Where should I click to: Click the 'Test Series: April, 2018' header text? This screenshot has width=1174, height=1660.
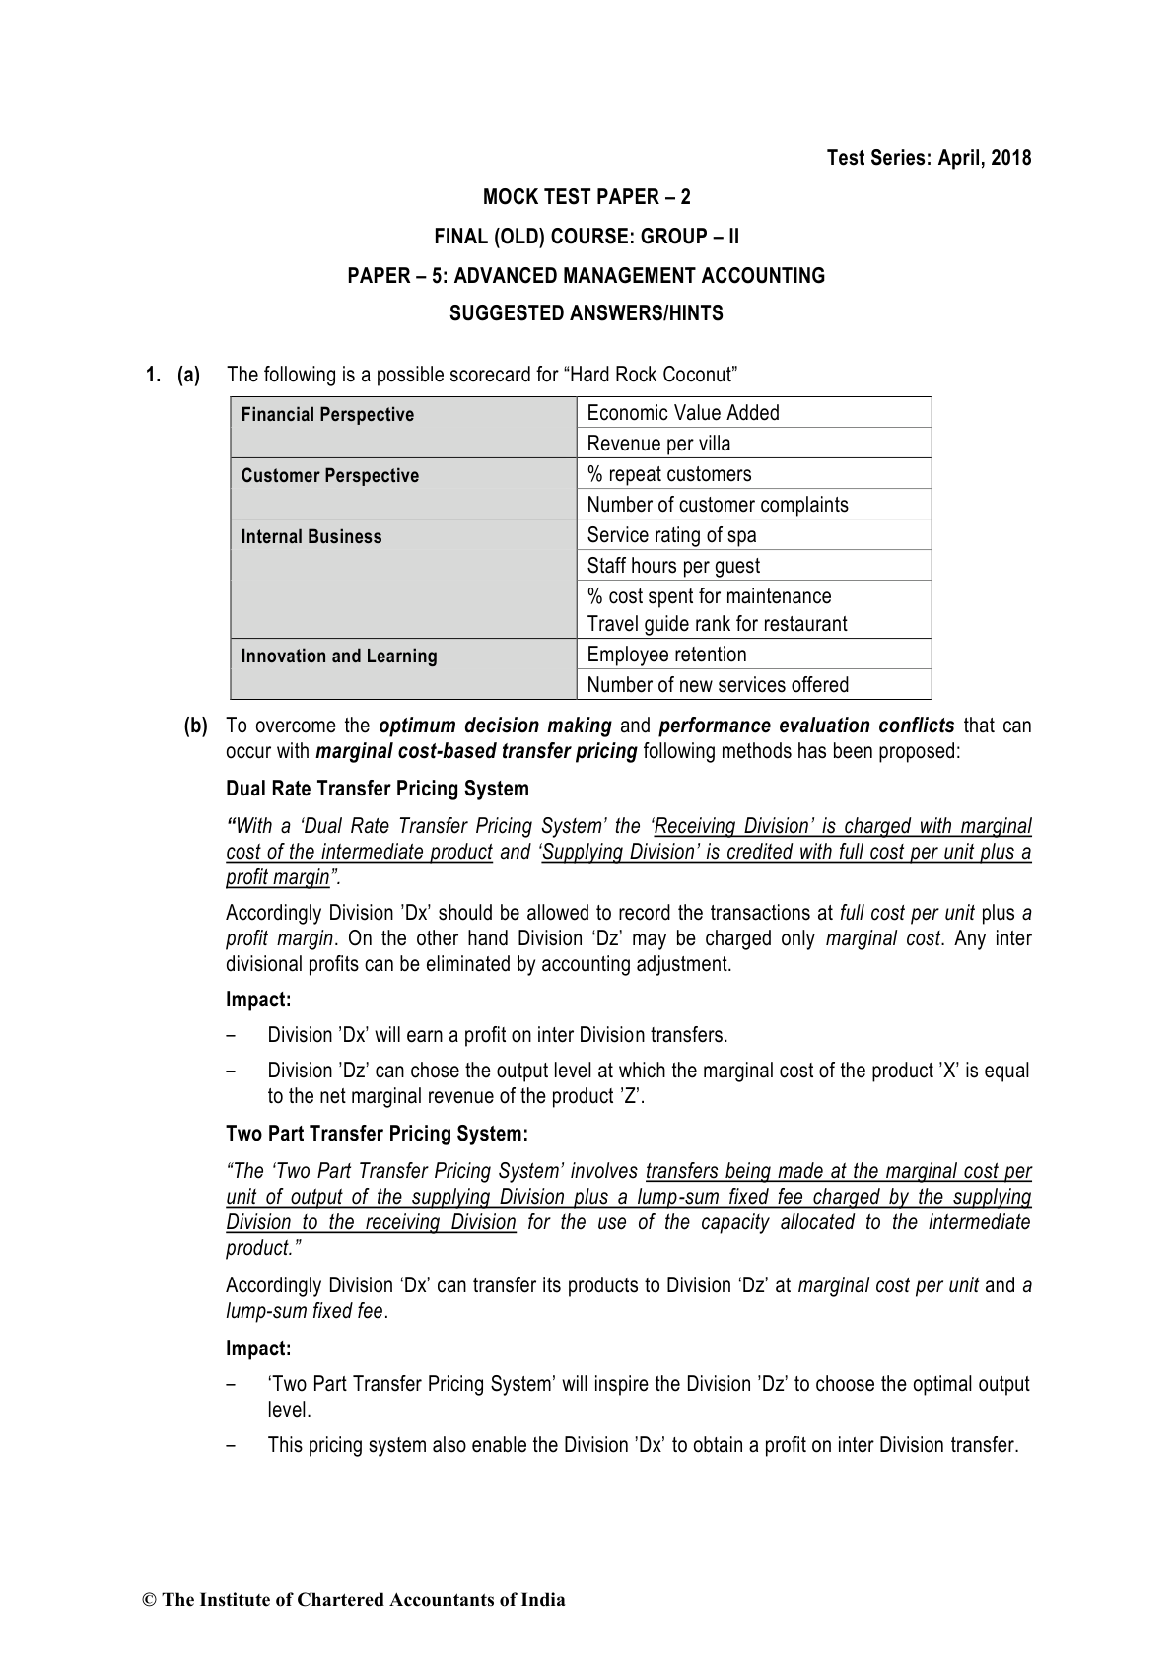coord(929,158)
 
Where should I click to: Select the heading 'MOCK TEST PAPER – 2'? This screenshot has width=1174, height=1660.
coord(587,197)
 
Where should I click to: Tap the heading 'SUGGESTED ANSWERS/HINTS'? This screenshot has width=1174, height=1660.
coord(587,314)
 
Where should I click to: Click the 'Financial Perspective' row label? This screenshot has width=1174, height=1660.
coord(327,415)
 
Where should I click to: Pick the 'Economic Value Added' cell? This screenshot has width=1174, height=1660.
coord(683,413)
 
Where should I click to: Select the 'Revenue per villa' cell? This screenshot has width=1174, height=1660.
coord(658,444)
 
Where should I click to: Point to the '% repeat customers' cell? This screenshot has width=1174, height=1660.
coord(668,474)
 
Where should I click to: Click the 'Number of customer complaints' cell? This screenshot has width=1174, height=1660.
coord(717,505)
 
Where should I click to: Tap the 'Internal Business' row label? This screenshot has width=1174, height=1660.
coord(311,537)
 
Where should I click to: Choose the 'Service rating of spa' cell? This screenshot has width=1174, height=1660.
coord(671,535)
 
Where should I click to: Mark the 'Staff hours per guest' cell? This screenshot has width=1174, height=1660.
coord(673,566)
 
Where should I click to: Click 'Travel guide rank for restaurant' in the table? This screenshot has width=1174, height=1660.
coord(717,624)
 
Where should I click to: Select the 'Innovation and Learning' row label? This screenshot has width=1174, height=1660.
coord(339,657)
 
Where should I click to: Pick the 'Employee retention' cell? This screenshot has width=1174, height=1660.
coord(666,655)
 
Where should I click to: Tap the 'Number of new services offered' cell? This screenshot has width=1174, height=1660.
coord(717,685)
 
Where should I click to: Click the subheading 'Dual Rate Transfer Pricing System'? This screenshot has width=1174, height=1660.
coord(378,789)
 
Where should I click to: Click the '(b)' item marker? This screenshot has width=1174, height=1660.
coord(196,726)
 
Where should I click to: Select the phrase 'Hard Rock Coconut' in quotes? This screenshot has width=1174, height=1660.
coord(653,375)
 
